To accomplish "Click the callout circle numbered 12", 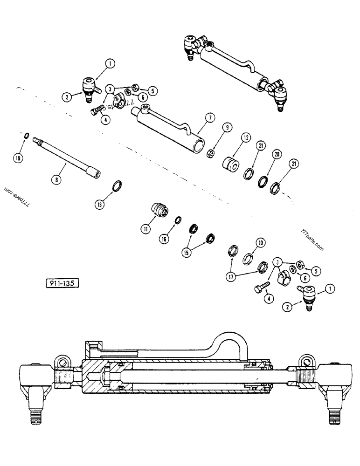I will (x=246, y=137).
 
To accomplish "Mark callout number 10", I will (x=260, y=242).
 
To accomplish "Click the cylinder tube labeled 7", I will (x=168, y=126).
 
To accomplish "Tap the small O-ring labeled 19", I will (x=27, y=136).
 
